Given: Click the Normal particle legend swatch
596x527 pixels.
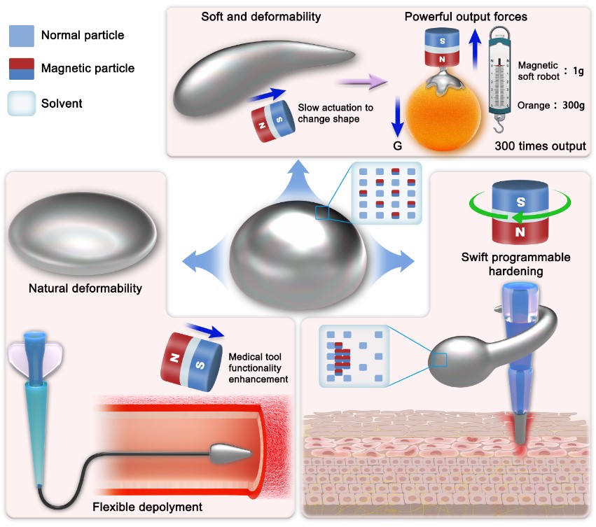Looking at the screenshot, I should pyautogui.click(x=22, y=34).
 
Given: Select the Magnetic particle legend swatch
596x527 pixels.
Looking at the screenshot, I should pyautogui.click(x=22, y=69).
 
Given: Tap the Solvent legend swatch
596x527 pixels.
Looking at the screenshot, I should pyautogui.click(x=22, y=104).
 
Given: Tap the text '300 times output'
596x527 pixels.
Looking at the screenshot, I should pyautogui.click(x=539, y=146).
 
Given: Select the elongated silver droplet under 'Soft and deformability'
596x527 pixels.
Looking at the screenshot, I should pyautogui.click(x=259, y=73).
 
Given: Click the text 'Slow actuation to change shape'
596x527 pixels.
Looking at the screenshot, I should pyautogui.click(x=335, y=113).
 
